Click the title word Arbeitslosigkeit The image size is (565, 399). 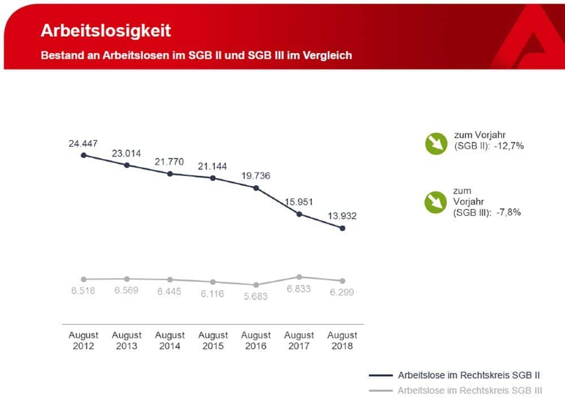click(106, 30)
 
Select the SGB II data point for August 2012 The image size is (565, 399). click(84, 155)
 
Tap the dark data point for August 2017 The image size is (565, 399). click(299, 214)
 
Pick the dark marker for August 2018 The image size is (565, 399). click(342, 228)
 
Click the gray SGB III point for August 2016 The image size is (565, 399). click(256, 285)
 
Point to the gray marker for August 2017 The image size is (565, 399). click(299, 277)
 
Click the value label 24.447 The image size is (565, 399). click(83, 143)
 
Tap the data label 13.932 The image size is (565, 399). click(341, 216)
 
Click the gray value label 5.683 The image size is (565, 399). click(256, 296)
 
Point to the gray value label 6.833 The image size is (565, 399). click(299, 289)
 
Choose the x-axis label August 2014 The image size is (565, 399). click(170, 340)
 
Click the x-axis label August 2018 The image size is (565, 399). click(342, 340)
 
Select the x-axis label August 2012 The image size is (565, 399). click(84, 340)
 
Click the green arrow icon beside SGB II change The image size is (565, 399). click(436, 143)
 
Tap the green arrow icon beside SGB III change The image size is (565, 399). click(436, 202)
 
